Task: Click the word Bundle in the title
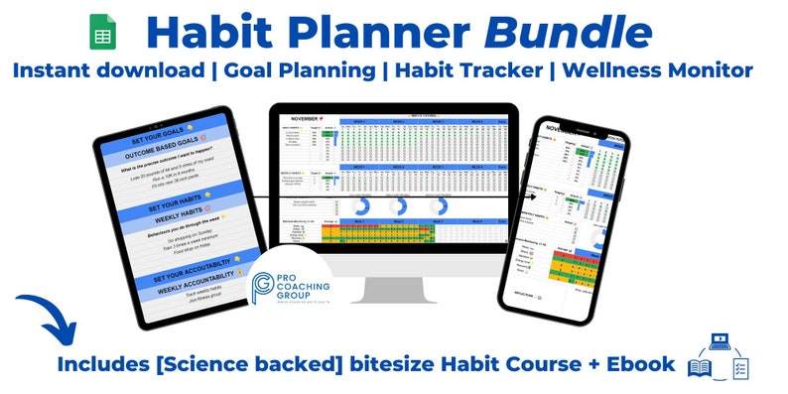(x=570, y=33)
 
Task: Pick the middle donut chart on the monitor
(x=402, y=207)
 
